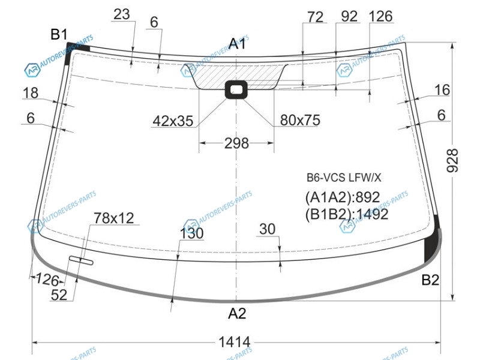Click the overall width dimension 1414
pos(235,342)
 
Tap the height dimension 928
pos(452,160)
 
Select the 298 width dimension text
pos(236,143)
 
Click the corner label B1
pos(59,34)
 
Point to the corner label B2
pos(430,280)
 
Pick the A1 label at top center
pos(237,44)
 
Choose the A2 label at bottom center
pos(237,313)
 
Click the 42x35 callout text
pos(173,121)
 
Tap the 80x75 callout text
pos(300,121)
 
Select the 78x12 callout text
pos(114,218)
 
